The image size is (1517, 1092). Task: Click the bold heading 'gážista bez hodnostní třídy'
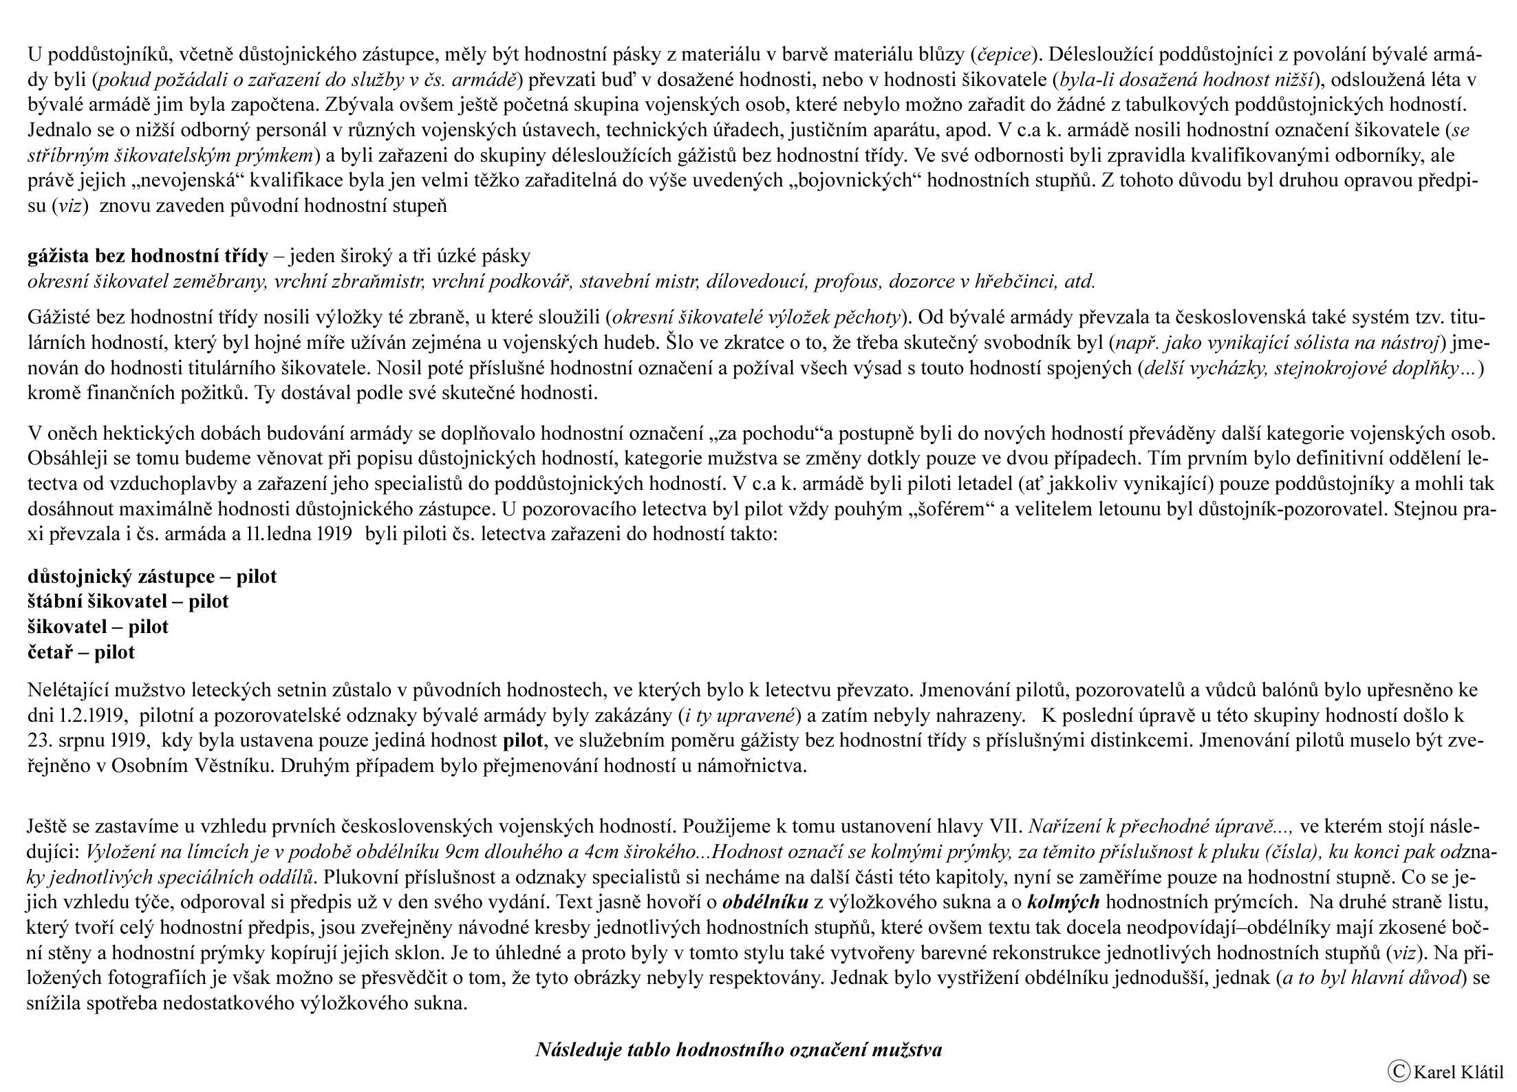(147, 257)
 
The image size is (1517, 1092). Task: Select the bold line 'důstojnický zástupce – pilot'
(152, 577)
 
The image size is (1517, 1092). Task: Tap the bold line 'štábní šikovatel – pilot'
(128, 601)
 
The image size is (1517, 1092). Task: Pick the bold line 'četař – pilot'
(81, 652)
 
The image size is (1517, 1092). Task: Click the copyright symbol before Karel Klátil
(1397, 1071)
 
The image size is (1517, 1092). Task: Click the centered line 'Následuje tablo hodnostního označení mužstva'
(738, 1050)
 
